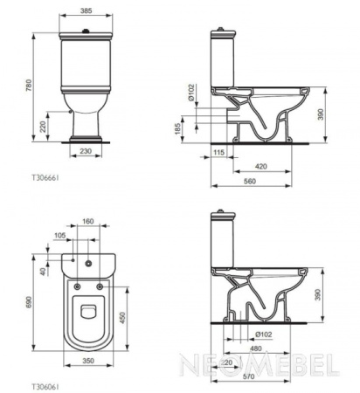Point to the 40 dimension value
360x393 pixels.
44,271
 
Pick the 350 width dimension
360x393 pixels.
87,359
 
